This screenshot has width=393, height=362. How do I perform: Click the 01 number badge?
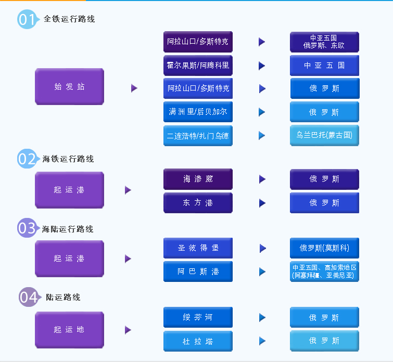coord(27,19)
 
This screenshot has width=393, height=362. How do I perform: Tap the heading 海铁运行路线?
coord(68,159)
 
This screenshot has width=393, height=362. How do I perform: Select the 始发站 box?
coord(69,86)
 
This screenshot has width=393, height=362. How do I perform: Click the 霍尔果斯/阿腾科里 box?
coord(198,66)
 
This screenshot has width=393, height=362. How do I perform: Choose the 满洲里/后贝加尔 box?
coord(198,112)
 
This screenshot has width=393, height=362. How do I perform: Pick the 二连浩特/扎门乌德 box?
coord(198,135)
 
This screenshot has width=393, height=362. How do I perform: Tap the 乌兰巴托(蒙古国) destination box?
coord(324,135)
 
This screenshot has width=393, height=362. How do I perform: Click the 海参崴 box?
coord(198,179)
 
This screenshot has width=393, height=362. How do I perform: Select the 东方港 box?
coord(198,203)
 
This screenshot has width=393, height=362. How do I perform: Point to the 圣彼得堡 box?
coord(198,248)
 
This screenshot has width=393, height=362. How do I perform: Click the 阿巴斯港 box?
coord(198,271)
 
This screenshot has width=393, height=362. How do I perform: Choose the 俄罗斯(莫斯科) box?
coord(324,248)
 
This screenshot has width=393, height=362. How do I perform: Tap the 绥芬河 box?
coord(198,317)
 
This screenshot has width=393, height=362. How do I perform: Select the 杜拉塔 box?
coord(198,341)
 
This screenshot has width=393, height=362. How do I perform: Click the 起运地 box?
coord(69,329)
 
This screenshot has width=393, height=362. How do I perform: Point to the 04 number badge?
coord(29,298)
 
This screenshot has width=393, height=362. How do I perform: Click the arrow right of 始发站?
coord(134,88)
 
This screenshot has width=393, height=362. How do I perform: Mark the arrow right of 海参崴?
coord(262,179)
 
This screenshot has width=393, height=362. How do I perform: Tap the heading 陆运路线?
coord(63,298)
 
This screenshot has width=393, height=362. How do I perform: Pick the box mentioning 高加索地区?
coord(324,271)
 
